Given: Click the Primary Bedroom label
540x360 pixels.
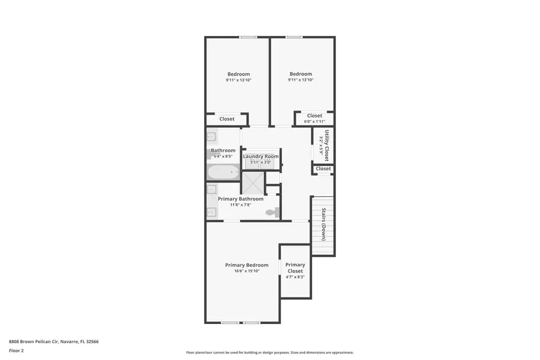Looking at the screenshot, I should coord(247,265).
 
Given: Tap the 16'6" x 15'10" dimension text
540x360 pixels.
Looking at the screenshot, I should coord(247,271).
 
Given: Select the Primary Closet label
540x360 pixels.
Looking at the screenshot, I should coord(295,268).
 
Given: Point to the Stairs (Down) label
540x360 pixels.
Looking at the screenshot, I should coord(324,224).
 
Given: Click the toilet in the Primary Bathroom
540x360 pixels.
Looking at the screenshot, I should coord(272,212).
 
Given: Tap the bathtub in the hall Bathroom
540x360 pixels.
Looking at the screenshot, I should coord(223,173).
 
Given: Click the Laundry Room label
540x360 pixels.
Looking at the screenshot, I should coord(261,157).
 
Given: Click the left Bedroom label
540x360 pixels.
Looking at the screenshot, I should coord(238,74).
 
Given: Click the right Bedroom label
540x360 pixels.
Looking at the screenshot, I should coord(301,74).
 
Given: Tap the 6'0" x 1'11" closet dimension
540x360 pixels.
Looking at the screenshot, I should coord(314,122).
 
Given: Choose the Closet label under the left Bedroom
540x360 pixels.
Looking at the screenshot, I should coord(227,119).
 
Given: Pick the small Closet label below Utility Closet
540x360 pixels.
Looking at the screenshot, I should coord(323,169).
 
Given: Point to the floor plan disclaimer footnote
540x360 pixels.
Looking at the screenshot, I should coord(269,353).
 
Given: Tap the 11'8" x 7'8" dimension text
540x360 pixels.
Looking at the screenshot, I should coord(240,205).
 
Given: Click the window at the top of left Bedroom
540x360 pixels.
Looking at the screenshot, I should coord(248,38).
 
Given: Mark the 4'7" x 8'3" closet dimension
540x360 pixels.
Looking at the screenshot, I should coord(295,277).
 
